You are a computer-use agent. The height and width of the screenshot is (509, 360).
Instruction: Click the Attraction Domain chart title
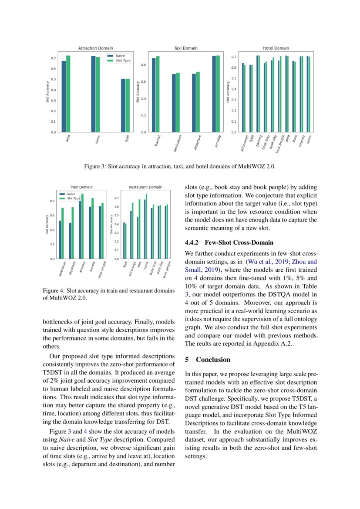[95, 48]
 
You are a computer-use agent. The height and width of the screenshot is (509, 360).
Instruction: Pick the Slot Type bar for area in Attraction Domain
[68, 94]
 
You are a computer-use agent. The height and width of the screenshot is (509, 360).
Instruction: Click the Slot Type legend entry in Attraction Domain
[123, 61]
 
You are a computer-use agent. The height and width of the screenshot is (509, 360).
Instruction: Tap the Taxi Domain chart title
[185, 48]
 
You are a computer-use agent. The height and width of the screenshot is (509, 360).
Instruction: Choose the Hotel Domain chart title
[276, 48]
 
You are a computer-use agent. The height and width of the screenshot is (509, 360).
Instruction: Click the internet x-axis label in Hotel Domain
[301, 142]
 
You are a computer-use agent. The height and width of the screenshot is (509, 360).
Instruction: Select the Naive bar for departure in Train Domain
[70, 241]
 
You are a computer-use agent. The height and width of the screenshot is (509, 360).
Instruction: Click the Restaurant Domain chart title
[145, 187]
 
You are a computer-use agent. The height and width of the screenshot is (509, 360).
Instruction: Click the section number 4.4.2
[192, 243]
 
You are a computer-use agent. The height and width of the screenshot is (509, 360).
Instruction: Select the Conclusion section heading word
[213, 360]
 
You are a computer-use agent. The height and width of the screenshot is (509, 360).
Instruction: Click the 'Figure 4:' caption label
[54, 290]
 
